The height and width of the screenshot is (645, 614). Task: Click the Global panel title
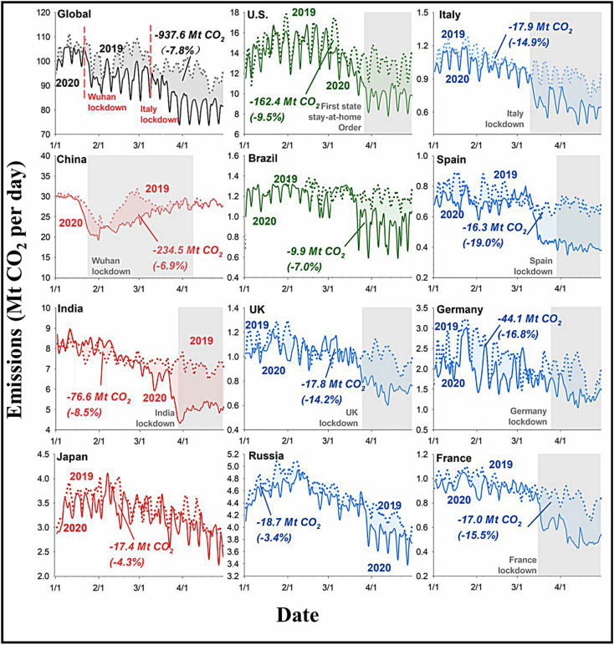point(76,15)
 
